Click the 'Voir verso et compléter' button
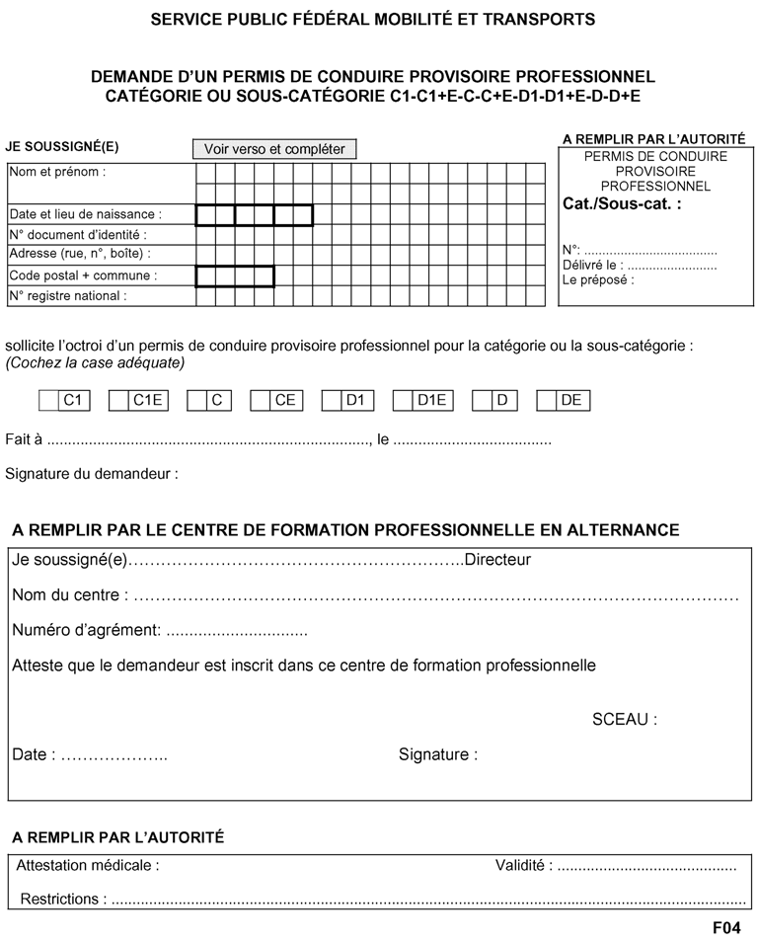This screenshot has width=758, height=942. point(274,149)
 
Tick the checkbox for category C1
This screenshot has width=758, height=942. point(48,400)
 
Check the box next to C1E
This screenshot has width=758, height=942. point(118,400)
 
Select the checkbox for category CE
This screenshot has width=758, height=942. point(261,400)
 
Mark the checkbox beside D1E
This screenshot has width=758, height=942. point(403,400)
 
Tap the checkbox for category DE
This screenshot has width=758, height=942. point(547,400)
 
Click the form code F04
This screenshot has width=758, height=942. point(726,928)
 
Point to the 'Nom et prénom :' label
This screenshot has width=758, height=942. point(57,171)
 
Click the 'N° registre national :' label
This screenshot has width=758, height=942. point(68,295)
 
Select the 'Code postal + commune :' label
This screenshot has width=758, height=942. point(83,275)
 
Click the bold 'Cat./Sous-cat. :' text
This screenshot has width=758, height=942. point(621,205)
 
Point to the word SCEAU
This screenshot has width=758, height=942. point(624,719)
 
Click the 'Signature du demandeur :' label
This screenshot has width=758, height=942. point(92,474)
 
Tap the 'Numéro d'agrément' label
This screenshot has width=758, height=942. point(86,630)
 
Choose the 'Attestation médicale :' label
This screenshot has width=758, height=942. point(89,866)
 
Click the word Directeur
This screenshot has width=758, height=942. point(497,560)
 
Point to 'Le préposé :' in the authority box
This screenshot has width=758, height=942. point(598,279)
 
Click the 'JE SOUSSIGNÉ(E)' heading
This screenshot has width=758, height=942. point(62,146)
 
